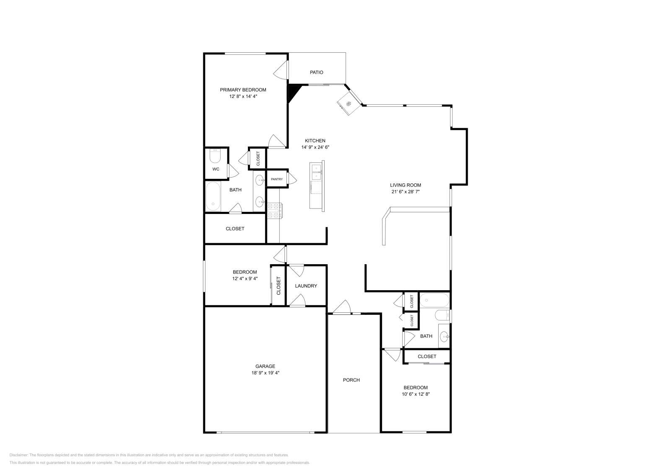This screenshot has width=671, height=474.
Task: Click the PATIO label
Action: (316, 72)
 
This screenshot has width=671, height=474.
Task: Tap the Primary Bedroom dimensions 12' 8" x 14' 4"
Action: (243, 96)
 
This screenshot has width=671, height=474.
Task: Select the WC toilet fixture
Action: (215, 156)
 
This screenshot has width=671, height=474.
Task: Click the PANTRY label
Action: (276, 179)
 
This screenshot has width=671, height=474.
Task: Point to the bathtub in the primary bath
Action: (213, 196)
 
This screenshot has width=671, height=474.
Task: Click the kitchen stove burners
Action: (275, 211)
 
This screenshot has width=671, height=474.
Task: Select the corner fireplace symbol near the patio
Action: (349, 103)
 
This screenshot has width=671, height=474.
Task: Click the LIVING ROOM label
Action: (405, 185)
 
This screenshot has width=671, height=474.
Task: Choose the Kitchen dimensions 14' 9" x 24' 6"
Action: (315, 147)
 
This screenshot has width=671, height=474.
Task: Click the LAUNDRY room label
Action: (306, 286)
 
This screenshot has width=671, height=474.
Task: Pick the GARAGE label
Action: (265, 366)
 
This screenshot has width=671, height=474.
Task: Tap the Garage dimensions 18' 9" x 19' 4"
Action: (265, 373)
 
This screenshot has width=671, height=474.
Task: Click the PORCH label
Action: (351, 380)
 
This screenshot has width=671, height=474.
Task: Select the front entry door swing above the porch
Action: (342, 307)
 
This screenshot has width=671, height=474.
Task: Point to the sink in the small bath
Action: (444, 336)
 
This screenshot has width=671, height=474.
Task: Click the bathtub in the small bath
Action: (434, 300)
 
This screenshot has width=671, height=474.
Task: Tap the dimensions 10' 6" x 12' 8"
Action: (416, 394)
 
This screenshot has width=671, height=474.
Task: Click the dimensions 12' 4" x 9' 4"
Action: (245, 278)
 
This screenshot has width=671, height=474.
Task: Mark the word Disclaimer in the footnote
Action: (18, 455)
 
